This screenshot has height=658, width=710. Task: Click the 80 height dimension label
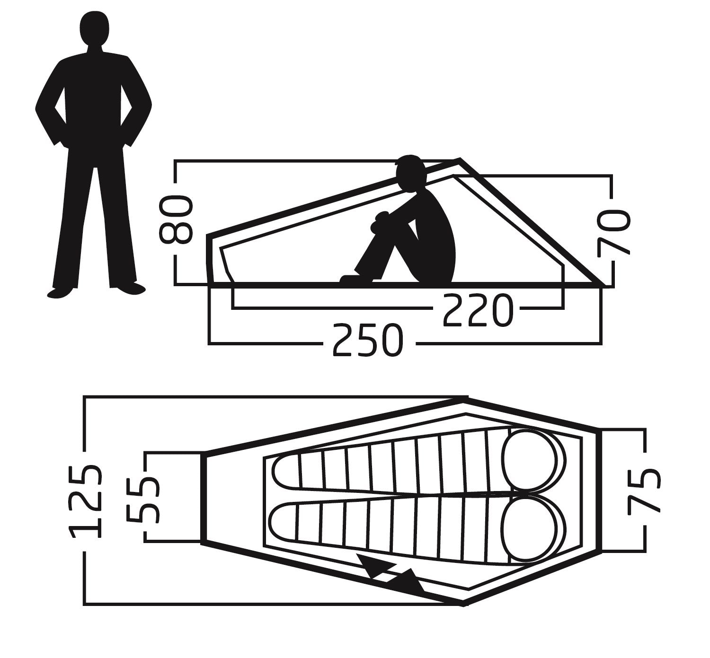tap(176, 219)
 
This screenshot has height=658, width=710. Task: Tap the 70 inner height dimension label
tap(613, 233)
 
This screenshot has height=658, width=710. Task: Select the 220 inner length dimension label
tap(478, 310)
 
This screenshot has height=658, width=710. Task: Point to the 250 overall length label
tap(368, 340)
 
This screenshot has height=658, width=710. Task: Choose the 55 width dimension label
tap(143, 500)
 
